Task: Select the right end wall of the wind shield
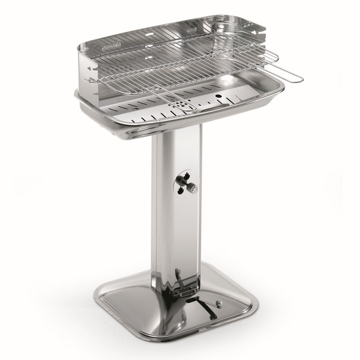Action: coord(255,49)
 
